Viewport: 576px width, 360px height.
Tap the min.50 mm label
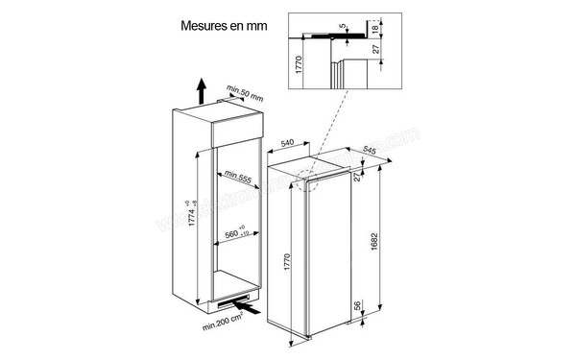point(245,96)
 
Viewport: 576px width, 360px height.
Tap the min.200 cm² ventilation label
point(228,330)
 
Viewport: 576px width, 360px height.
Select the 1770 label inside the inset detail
point(298,68)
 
